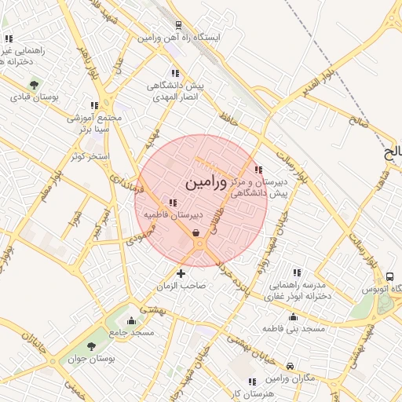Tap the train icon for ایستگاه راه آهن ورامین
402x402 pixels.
[x=180, y=24]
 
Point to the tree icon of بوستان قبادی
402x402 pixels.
[x=34, y=84]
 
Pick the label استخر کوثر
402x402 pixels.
[x=88, y=156]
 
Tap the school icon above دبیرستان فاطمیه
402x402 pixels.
[x=173, y=203]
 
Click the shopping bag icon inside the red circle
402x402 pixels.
[x=196, y=232]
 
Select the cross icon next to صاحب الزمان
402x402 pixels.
[x=181, y=273]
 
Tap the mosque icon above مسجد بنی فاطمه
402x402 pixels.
[x=294, y=316]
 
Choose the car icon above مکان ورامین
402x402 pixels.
[x=291, y=366]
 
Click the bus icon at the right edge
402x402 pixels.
[x=390, y=276]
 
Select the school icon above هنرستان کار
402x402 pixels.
[x=251, y=382]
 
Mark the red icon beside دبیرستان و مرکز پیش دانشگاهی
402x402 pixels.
[x=259, y=170]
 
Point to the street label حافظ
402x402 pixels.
[x=229, y=117]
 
